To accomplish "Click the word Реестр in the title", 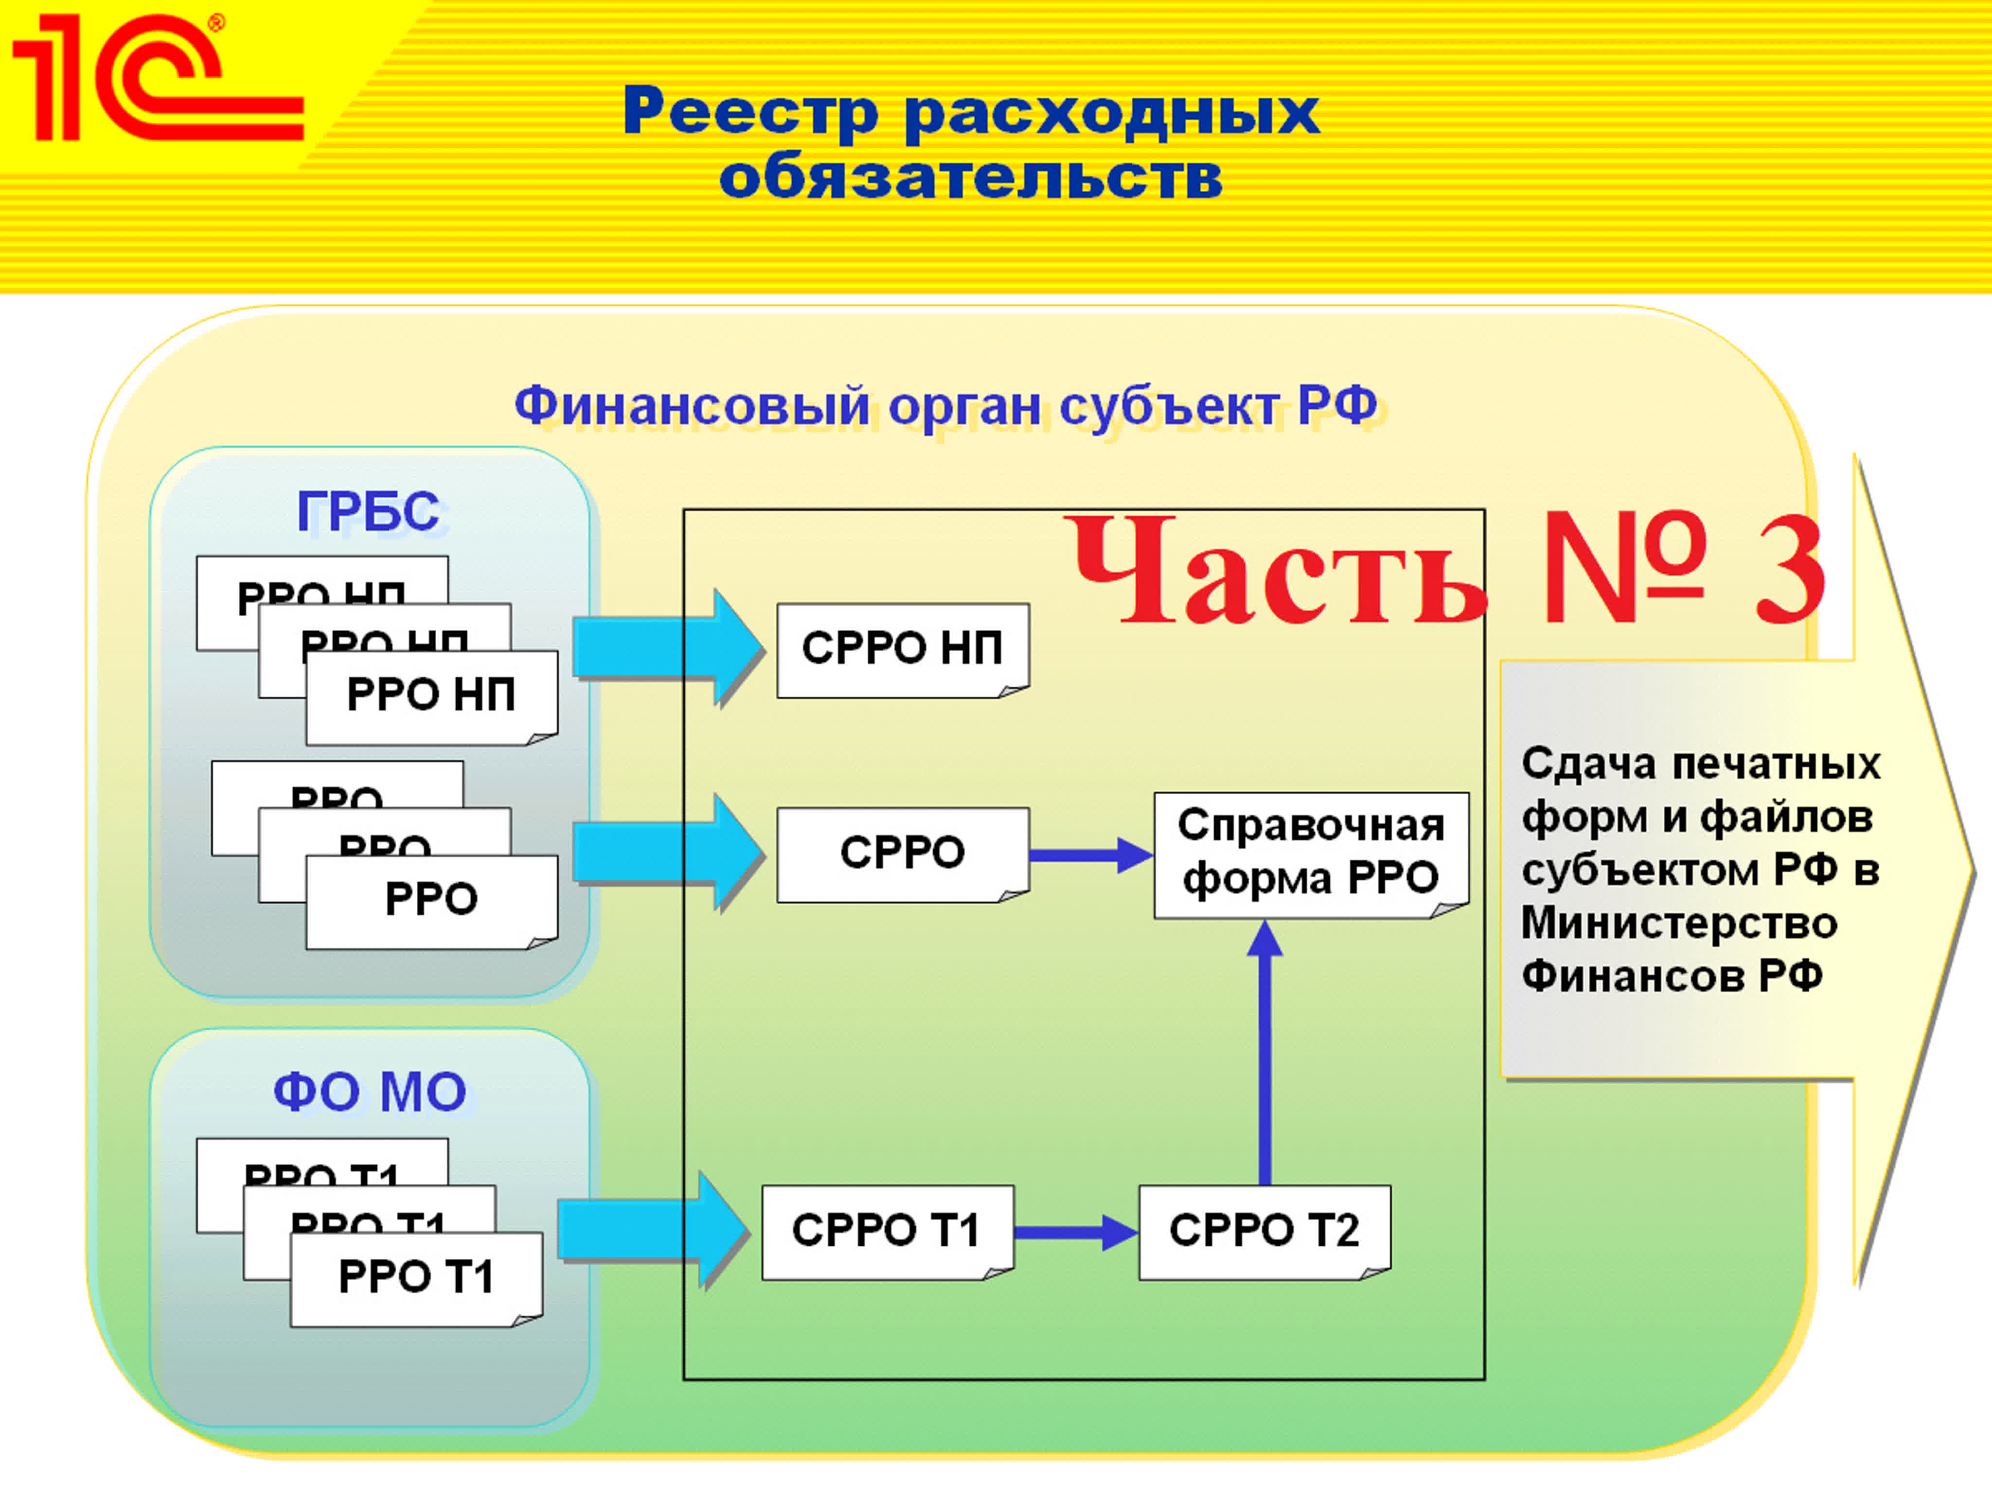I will click(x=749, y=112).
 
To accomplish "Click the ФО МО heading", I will click(x=369, y=1092).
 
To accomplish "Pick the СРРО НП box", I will click(x=902, y=649).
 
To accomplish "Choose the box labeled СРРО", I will click(x=902, y=853).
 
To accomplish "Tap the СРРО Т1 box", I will click(x=887, y=1231).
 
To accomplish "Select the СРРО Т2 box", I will click(x=1264, y=1231).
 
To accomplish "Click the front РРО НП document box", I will click(x=431, y=696).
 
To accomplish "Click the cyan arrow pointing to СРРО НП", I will click(x=666, y=647).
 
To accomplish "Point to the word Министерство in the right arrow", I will click(x=1679, y=923).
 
